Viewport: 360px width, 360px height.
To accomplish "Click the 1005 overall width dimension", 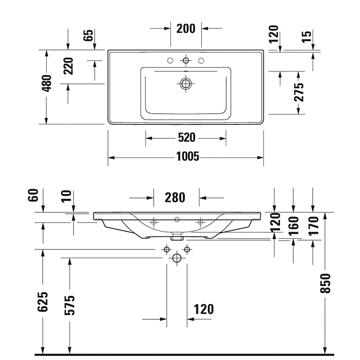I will [186, 156].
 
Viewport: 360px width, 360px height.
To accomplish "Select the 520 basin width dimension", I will [186, 137].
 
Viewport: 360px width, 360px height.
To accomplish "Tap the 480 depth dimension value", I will [46, 83].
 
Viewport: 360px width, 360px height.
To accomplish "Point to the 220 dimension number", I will [68, 66].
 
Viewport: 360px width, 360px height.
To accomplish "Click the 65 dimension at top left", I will [88, 35].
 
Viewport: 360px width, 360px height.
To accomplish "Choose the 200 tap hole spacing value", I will [186, 28].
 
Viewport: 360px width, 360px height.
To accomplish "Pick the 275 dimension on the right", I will [299, 92].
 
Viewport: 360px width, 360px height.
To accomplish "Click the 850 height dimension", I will [326, 283].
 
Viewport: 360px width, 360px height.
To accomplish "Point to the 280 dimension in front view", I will [175, 197].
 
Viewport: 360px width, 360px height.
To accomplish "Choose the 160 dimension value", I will [293, 225].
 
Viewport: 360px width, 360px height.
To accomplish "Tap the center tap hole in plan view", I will [186, 61].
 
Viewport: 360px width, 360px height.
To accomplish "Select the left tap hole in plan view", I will [170, 61].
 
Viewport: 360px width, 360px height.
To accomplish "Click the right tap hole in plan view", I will [201, 61].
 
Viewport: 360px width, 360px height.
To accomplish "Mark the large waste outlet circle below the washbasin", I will [177, 258].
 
